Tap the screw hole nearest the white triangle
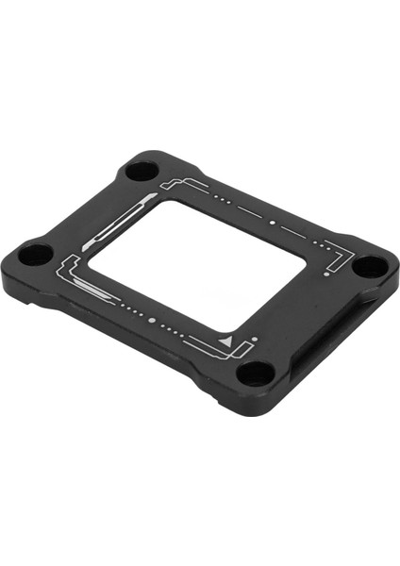click(253, 372)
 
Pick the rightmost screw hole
click(369, 265)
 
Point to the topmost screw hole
click(142, 171)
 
